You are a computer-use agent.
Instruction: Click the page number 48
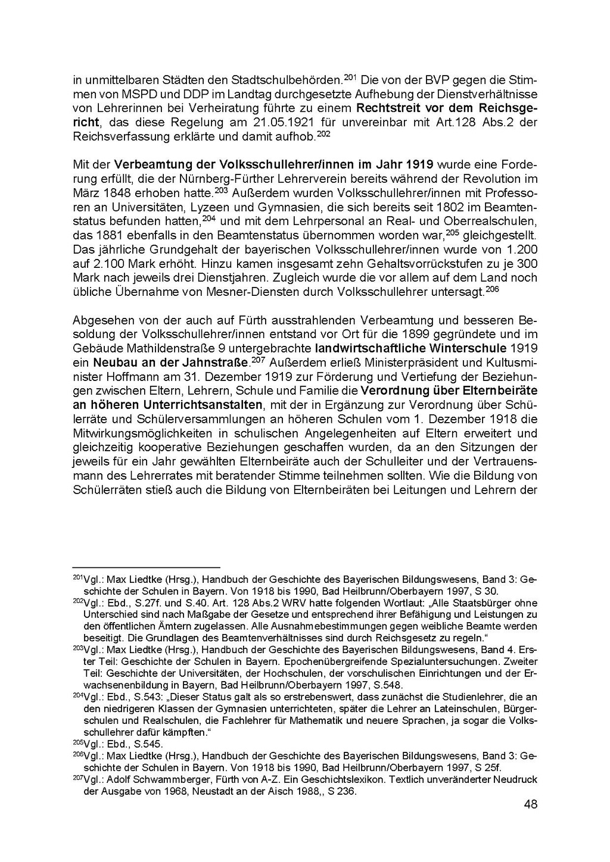coord(531,804)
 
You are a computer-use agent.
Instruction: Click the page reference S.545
coord(148,744)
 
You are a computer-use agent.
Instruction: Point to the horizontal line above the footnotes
coord(146,568)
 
